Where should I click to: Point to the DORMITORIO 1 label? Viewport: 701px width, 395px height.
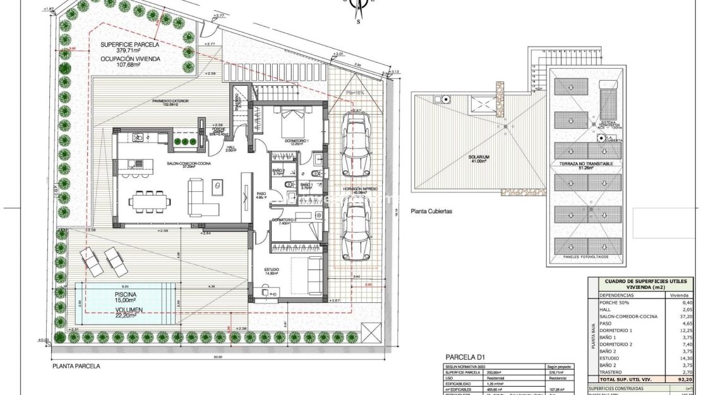pos(296,140)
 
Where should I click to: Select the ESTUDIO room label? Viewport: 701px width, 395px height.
pos(272,272)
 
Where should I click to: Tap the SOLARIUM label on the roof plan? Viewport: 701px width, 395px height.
pos(478,157)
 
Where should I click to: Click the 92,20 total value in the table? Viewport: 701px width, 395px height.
pos(679,380)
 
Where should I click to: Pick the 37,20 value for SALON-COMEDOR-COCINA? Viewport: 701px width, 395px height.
pos(679,316)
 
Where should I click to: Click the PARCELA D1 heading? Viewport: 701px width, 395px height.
pos(465,356)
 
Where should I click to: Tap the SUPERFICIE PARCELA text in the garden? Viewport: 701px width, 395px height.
pos(129,45)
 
